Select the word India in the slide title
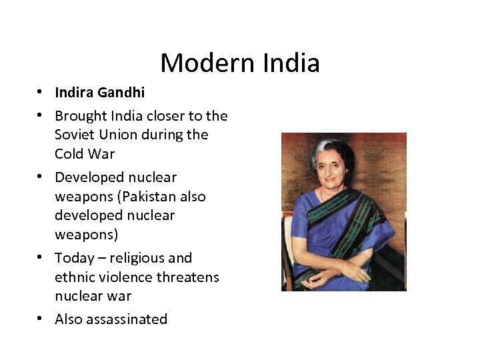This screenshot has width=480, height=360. (x=291, y=63)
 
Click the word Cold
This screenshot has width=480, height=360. (x=69, y=154)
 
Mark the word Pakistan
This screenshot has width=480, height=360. (x=155, y=197)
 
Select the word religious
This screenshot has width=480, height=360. (x=141, y=258)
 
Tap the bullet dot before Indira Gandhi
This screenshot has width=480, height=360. (x=41, y=92)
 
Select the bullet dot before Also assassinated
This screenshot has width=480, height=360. (x=41, y=319)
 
